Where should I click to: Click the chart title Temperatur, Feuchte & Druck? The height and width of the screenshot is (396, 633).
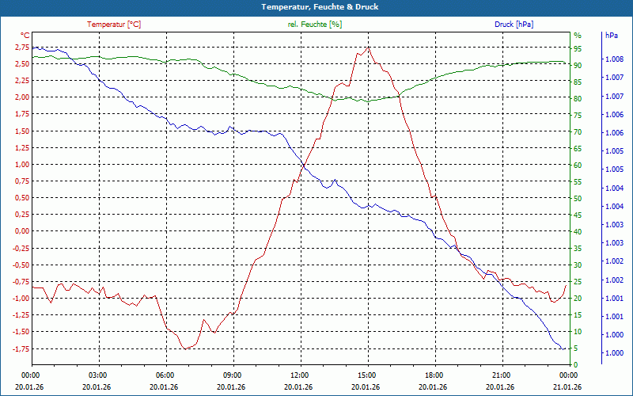[x=316, y=6]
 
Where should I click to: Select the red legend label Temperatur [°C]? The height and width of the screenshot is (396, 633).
[x=114, y=25]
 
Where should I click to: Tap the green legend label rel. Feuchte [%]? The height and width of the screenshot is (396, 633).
[x=315, y=25]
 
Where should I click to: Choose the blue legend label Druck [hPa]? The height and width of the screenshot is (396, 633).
[x=514, y=25]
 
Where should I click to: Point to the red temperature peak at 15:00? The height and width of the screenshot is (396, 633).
[x=368, y=48]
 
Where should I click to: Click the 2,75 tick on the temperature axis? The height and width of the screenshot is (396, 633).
[x=21, y=47]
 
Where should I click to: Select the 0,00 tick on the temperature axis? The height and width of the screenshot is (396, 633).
[x=21, y=231]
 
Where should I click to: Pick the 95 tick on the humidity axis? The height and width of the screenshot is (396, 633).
[x=578, y=47]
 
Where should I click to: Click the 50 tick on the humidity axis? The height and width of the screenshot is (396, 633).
[x=578, y=198]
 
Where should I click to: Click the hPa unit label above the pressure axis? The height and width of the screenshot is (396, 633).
[x=612, y=36]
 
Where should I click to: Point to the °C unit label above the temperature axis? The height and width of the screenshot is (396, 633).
[x=25, y=36]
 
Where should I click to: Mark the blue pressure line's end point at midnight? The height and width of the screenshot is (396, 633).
[x=563, y=348]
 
